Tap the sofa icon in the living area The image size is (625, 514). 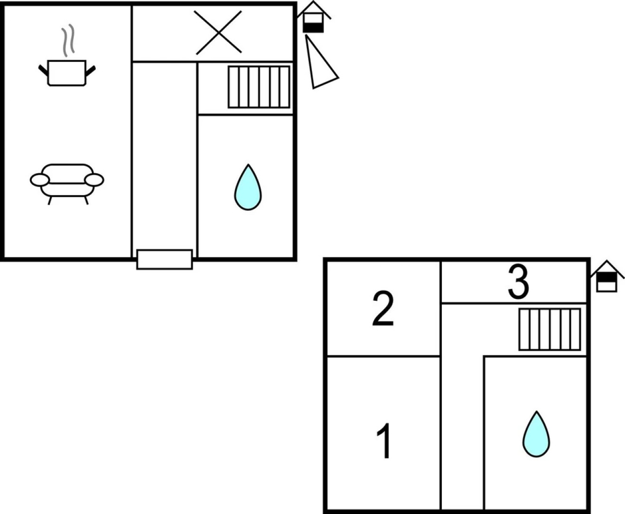(x=67, y=181)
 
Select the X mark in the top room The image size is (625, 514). (x=218, y=32)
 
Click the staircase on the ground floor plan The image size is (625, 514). (x=259, y=87)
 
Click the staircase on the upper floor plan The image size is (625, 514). (x=549, y=329)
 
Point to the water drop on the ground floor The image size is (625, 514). (x=248, y=188)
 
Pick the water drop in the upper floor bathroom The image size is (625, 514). (x=536, y=435)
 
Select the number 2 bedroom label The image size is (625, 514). (x=383, y=309)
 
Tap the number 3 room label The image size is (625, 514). (x=518, y=283)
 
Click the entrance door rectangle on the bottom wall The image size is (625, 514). (x=165, y=259)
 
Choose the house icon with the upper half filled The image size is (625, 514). (x=607, y=277)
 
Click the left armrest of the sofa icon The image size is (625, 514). (x=39, y=179)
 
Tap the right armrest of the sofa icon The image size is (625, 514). (x=94, y=179)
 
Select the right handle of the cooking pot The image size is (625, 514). (x=90, y=70)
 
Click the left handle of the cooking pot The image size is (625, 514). (x=43, y=70)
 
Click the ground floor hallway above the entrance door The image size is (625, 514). (x=164, y=157)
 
